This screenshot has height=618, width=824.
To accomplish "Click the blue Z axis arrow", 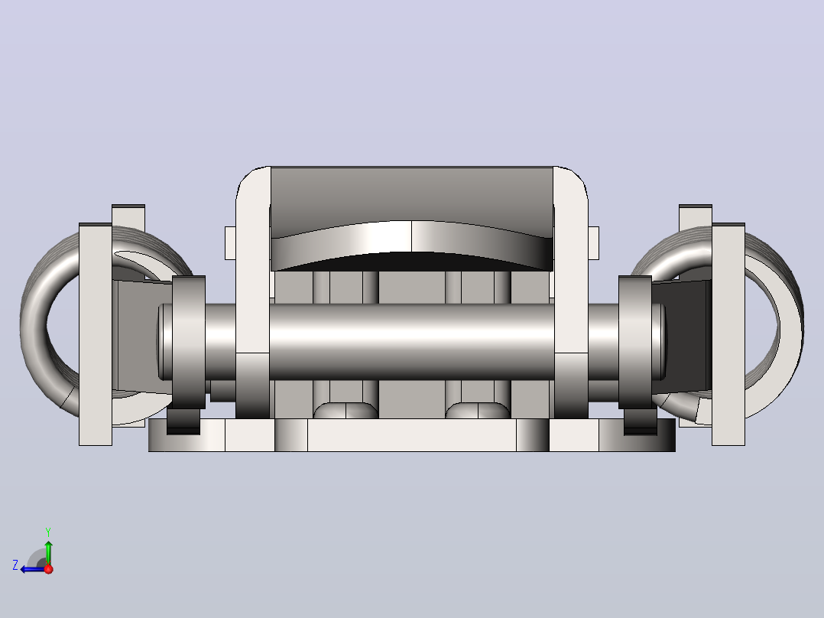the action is point(33,569).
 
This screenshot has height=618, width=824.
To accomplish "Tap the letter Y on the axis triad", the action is point(48,532).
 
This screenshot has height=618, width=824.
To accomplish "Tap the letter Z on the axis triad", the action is point(15,565).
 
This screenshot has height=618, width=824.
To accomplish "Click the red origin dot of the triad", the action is point(49,569).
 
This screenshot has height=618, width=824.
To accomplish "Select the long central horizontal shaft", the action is point(411,342).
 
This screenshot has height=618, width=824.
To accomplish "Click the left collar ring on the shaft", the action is point(189,342).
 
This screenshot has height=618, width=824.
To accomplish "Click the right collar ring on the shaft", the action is point(634,342).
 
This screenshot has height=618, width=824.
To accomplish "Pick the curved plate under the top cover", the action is point(411,245).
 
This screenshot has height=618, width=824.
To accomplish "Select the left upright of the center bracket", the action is point(253,292).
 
